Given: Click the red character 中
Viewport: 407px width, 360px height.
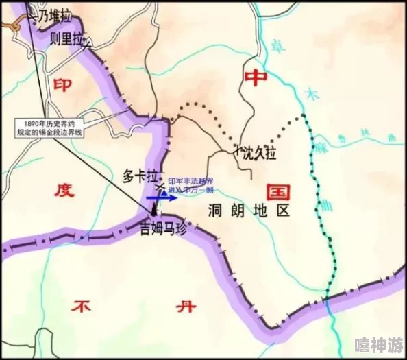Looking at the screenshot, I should tap(255, 78).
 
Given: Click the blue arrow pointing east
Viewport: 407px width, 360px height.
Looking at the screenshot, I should tap(162, 197).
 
